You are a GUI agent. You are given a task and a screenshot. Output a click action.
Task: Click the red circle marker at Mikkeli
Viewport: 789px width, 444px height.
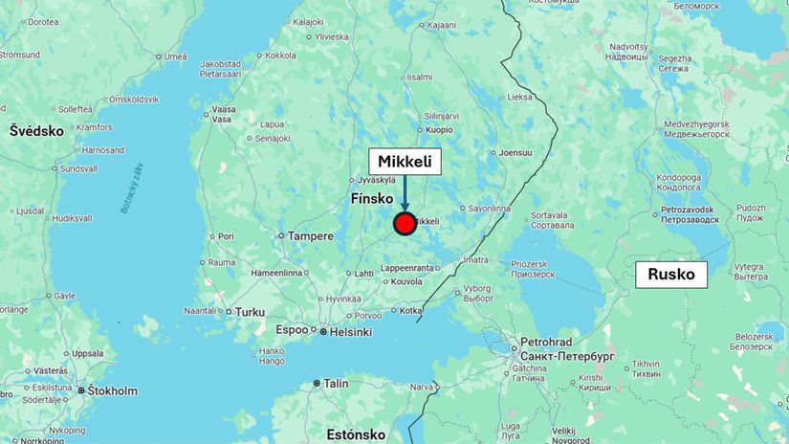click(405, 224)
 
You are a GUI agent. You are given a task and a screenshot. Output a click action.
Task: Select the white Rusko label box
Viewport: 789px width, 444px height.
click(671, 276)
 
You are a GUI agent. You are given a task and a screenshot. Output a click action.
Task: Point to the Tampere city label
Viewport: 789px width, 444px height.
click(312, 236)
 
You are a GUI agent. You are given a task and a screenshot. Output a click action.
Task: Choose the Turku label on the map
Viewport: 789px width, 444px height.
click(250, 312)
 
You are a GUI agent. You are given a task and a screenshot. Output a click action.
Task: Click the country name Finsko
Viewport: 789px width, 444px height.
click(372, 199)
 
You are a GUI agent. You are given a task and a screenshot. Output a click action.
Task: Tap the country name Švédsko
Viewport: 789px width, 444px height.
click(37, 130)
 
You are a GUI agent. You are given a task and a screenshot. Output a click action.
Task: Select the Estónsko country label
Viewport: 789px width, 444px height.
click(356, 434)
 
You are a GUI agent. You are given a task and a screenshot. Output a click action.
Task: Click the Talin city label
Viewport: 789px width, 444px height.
click(335, 384)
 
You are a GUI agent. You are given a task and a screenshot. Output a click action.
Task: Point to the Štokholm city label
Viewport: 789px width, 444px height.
click(113, 390)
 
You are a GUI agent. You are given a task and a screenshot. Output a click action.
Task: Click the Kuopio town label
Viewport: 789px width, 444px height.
click(439, 128)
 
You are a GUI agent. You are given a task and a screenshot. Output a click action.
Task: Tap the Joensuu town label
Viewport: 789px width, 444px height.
click(515, 152)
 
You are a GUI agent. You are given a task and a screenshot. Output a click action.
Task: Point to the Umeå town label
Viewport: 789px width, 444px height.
click(175, 56)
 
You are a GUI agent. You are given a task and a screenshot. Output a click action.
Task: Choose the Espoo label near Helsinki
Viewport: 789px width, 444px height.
click(292, 330)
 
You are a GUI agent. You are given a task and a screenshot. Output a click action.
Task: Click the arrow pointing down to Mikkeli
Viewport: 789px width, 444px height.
click(405, 192)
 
